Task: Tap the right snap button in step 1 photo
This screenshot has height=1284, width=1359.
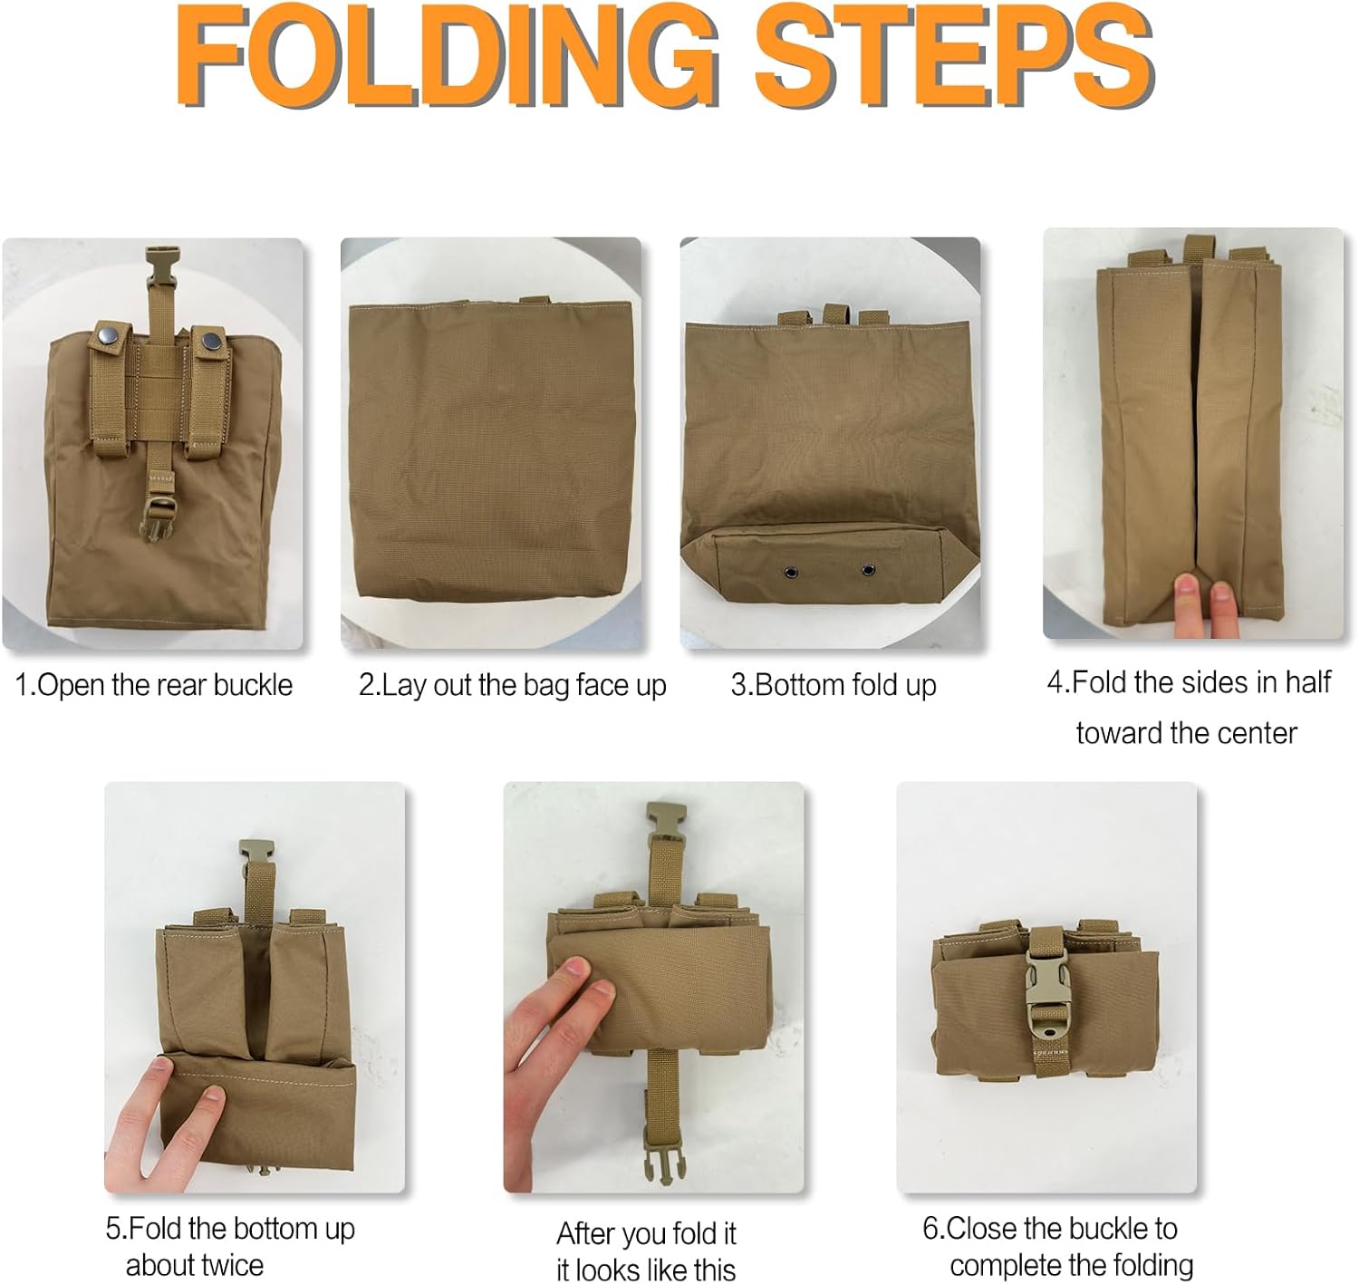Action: coord(211,341)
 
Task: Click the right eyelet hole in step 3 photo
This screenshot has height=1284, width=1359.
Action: coord(867,570)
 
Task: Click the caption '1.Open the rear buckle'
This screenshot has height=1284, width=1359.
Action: coord(154,685)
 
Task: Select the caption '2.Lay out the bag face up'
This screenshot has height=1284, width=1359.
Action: coord(512,685)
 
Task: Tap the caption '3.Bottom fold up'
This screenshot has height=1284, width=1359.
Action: coord(834,685)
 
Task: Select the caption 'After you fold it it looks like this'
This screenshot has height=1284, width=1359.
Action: coord(646,1250)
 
